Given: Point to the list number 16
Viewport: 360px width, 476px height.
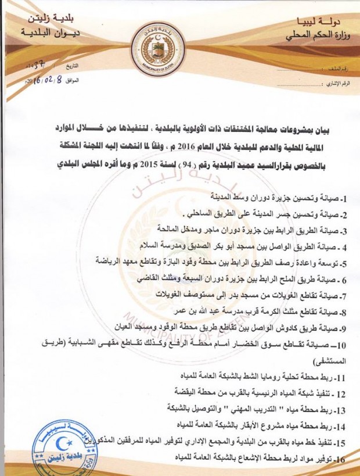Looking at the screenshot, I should click(340, 459).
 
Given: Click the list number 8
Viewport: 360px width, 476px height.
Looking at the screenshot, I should click(343, 311).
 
